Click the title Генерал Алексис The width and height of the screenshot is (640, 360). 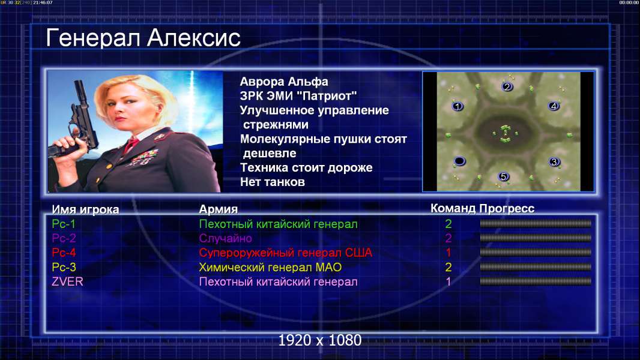pyautogui.click(x=143, y=38)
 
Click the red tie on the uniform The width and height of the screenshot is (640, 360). pyautogui.click(x=131, y=145)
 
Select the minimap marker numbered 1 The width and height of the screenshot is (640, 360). pyautogui.click(x=457, y=106)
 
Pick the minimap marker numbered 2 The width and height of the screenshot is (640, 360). pyautogui.click(x=507, y=86)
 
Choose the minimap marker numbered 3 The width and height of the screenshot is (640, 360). pyautogui.click(x=554, y=162)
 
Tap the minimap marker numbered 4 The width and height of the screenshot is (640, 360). pyautogui.click(x=554, y=106)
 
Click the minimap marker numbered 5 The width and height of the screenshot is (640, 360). pyautogui.click(x=503, y=176)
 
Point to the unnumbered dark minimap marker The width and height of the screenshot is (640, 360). pyautogui.click(x=459, y=161)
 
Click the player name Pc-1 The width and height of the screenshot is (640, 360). pyautogui.click(x=64, y=224)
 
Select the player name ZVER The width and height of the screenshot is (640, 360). pyautogui.click(x=67, y=282)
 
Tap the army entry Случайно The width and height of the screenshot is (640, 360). pyautogui.click(x=225, y=239)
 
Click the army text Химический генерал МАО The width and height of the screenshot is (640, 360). pyautogui.click(x=270, y=268)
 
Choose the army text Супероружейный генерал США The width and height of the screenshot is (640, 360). pyautogui.click(x=286, y=253)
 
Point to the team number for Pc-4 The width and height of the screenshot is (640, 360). pyautogui.click(x=448, y=253)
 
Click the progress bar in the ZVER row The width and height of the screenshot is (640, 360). pyautogui.click(x=536, y=281)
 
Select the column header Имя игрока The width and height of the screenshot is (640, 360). pyautogui.click(x=85, y=209)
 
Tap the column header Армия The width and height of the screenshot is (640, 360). pyautogui.click(x=219, y=209)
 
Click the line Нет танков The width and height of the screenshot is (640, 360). pyautogui.click(x=272, y=182)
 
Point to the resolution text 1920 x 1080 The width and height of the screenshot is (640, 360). pyautogui.click(x=320, y=340)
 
